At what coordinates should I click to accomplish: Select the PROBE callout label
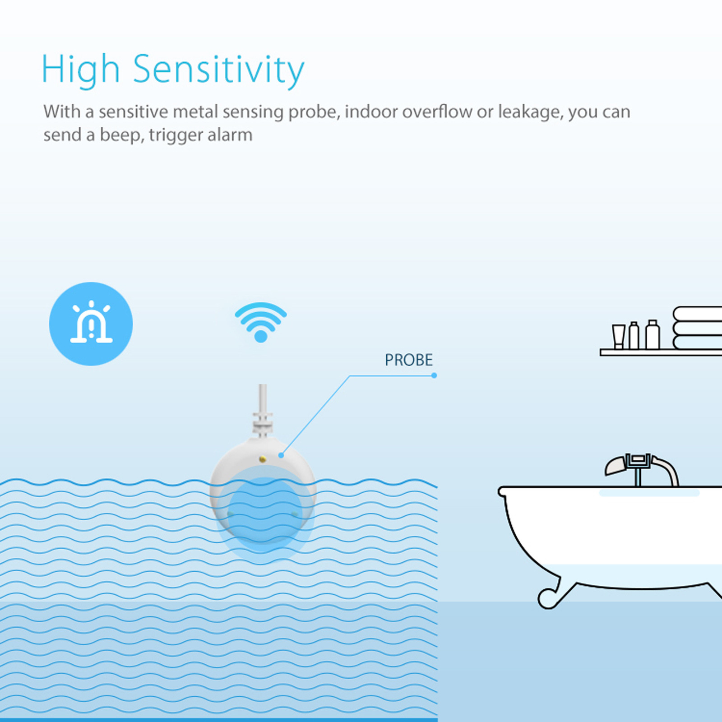click(408, 360)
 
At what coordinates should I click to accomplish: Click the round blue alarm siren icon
click(91, 324)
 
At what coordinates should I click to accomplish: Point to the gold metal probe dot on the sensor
click(263, 459)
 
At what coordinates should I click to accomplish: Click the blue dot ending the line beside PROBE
click(434, 375)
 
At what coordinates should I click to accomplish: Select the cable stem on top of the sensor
click(263, 411)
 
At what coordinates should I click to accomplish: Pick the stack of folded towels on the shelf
click(697, 328)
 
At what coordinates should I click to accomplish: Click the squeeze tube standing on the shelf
click(618, 336)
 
